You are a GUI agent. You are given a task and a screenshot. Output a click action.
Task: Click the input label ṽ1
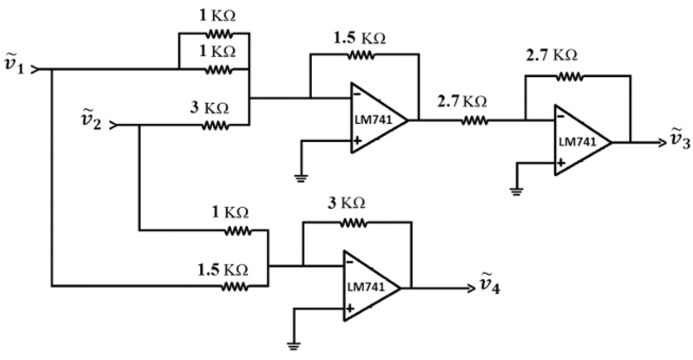[x=14, y=64]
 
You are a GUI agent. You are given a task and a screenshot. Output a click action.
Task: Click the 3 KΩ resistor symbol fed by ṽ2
[x=215, y=126]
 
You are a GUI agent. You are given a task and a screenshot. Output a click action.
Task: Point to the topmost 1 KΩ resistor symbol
[x=219, y=34]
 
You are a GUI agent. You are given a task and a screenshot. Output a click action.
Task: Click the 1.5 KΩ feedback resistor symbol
[x=361, y=55]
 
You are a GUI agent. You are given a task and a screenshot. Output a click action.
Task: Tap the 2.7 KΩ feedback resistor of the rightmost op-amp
[x=569, y=77]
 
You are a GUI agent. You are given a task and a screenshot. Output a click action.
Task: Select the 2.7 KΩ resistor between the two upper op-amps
[x=475, y=120]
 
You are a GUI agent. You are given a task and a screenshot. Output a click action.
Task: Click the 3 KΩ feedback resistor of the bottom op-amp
[x=353, y=223]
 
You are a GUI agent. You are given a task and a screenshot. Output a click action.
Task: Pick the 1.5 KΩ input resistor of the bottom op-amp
[x=235, y=286]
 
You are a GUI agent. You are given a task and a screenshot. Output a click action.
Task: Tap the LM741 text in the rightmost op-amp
[x=577, y=142]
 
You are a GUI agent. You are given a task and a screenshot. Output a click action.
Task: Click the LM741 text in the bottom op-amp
[x=366, y=287]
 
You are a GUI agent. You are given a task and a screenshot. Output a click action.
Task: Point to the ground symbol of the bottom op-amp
[x=294, y=345]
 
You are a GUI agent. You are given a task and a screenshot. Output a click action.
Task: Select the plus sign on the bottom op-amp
[x=350, y=309]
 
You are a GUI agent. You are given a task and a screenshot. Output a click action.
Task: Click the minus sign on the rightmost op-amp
[x=561, y=116]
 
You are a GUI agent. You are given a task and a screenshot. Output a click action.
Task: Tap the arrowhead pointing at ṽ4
[x=471, y=288]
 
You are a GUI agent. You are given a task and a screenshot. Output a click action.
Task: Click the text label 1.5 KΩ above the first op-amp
[x=360, y=38]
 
